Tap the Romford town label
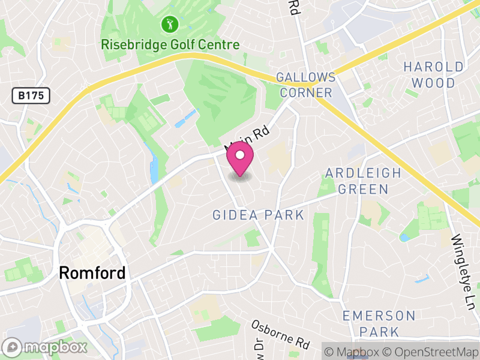[92, 273]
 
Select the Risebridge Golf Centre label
[170, 45]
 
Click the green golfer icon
[170, 25]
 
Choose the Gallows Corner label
[305, 85]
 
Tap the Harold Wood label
[433, 74]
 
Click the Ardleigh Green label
[362, 181]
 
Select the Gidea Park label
[258, 215]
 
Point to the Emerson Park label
[379, 323]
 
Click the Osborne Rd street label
[281, 334]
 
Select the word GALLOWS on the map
[305, 77]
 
